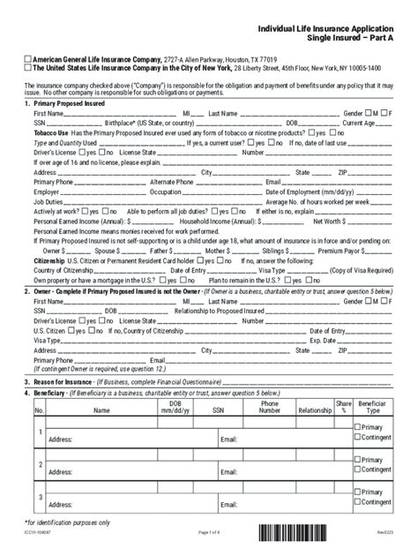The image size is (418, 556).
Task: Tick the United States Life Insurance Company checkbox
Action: tap(27, 67)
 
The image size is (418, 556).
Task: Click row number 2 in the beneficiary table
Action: tap(40, 463)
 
